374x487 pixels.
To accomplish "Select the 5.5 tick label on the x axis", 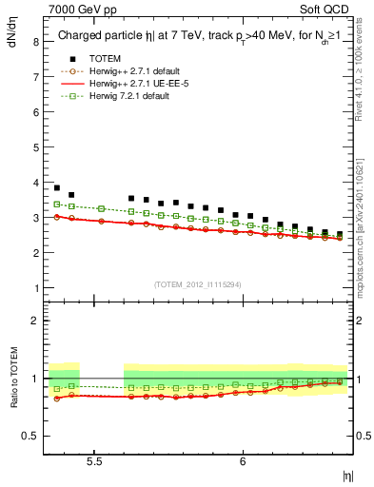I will point(94,460).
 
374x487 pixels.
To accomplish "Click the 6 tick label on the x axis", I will point(243,460).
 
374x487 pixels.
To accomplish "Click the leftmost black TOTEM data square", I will point(57,187).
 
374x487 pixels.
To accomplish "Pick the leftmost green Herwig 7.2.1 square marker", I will point(57,204).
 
